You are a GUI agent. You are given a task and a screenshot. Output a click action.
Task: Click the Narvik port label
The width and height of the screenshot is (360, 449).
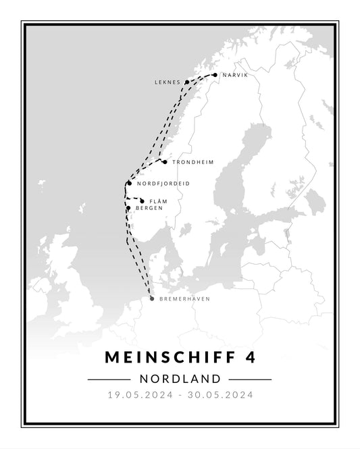click(235, 76)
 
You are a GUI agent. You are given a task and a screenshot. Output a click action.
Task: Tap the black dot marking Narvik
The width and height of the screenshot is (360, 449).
click(215, 75)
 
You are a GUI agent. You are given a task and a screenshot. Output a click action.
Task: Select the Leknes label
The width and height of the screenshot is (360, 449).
click(168, 82)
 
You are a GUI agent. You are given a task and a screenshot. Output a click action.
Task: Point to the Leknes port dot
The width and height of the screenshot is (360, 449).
click(187, 82)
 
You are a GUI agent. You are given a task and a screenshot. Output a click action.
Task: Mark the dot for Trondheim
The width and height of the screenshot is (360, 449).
click(165, 162)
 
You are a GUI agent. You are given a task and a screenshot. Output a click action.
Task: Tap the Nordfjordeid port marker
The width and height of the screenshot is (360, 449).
click(129, 183)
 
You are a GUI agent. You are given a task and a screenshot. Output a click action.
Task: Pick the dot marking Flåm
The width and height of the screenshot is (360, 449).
click(142, 201)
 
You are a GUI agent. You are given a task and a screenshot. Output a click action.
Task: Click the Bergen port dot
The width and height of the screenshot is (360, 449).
click(128, 208)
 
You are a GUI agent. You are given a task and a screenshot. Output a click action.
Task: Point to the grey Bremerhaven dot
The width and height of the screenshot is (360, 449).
click(152, 298)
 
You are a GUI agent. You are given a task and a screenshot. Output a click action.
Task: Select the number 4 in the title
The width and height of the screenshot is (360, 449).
click(251, 355)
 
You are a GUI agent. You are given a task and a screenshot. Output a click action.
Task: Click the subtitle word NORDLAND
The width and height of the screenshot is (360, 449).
click(180, 379)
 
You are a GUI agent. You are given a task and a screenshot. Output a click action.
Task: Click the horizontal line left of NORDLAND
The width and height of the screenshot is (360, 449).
click(108, 379)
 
